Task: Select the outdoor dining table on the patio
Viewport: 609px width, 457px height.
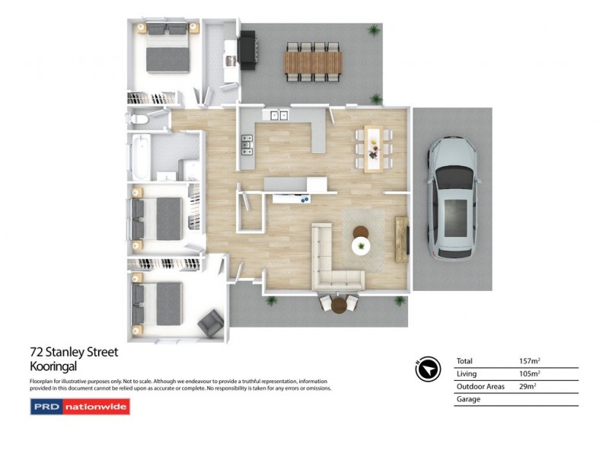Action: coord(312,62)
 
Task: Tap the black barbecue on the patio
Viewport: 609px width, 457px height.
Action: coord(248,50)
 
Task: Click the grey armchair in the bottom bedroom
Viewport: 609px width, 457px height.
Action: coord(210,324)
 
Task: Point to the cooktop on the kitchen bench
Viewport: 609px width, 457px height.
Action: coord(247,143)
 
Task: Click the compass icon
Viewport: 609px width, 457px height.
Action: coord(429,369)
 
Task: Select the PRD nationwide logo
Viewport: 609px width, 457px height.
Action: coord(80,407)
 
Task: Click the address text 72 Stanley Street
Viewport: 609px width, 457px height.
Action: coord(74,352)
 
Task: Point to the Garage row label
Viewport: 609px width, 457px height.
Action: coord(468,399)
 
